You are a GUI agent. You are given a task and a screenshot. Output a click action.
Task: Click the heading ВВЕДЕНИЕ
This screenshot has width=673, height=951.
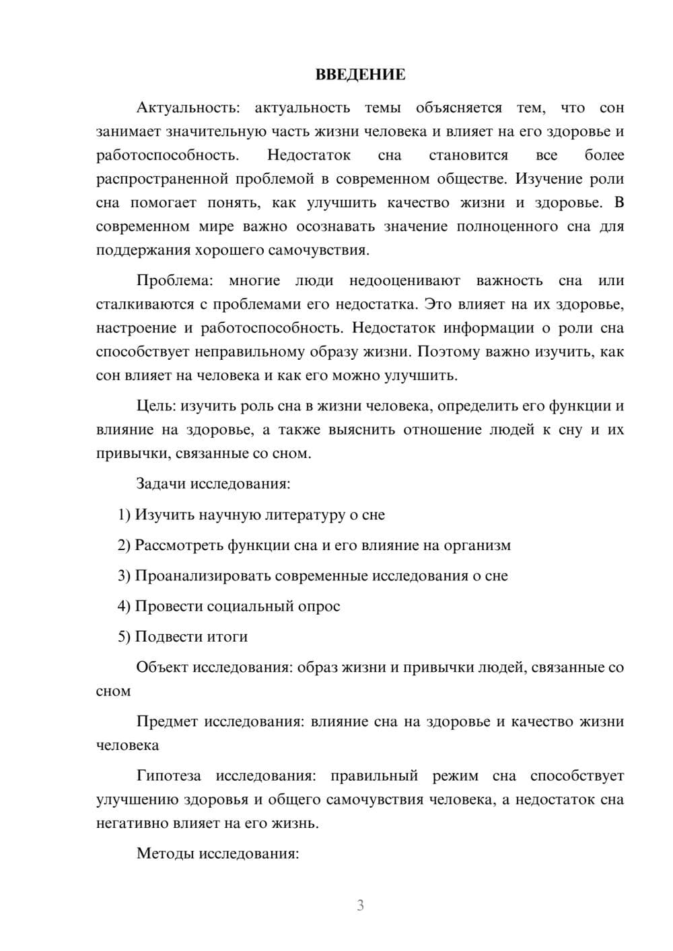coord(360,75)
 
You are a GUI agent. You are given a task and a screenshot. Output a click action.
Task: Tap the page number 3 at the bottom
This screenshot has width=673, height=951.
coord(360,905)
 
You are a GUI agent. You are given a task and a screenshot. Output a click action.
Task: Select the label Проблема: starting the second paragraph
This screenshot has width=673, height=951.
coord(174,280)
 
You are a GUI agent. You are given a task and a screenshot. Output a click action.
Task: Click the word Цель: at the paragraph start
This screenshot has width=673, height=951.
coord(156,406)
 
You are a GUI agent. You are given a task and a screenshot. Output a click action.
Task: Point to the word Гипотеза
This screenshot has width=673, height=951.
coord(168,775)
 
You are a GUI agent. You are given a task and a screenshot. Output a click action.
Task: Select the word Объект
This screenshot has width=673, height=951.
coord(162,667)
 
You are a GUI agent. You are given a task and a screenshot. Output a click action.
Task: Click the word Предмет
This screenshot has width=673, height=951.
coord(167,722)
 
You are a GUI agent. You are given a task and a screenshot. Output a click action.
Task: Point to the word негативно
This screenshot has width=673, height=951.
coord(131,823)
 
